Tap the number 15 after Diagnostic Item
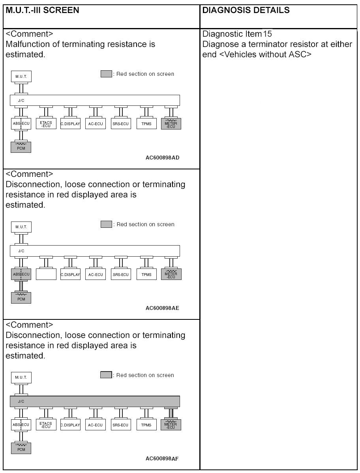click(x=267, y=34)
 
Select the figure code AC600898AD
click(x=162, y=158)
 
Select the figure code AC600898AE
click(x=162, y=308)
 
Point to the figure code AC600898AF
click(x=162, y=458)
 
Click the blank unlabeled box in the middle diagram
click(x=46, y=274)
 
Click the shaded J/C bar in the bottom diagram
click(x=95, y=401)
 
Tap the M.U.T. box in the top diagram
click(x=21, y=77)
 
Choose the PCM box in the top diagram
click(x=21, y=147)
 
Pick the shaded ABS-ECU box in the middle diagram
click(x=21, y=274)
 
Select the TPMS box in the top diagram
click(x=146, y=124)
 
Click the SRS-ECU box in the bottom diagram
click(x=120, y=425)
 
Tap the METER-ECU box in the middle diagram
click(x=171, y=274)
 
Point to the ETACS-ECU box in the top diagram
click(x=46, y=124)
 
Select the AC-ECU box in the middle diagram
click(x=96, y=274)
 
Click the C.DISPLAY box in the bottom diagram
click(x=70, y=425)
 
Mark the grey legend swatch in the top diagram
click(x=106, y=74)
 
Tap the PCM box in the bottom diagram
click(x=21, y=448)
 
